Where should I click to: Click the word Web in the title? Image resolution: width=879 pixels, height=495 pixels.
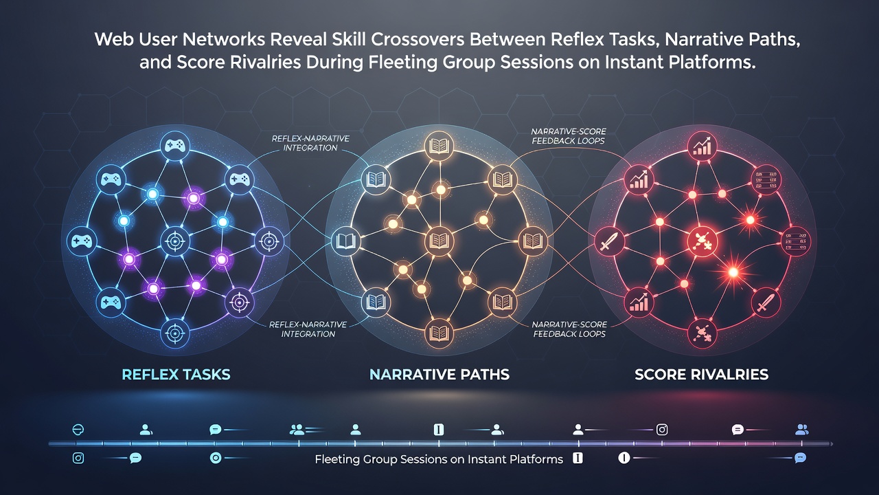coord(114,40)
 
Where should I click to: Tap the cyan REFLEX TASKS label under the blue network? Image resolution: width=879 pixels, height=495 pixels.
coord(176,375)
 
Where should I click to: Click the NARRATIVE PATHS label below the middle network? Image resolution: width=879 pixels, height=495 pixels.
coord(439,375)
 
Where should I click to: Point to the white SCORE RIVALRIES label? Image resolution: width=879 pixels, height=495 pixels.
coord(701,375)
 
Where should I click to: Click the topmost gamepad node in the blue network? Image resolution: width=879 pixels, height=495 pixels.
coord(175,146)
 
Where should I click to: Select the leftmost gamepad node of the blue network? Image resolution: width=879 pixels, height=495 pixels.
coord(82,241)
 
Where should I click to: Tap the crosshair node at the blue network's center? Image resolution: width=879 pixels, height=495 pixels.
coord(175,241)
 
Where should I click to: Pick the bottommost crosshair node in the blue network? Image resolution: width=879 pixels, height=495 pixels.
coord(175,333)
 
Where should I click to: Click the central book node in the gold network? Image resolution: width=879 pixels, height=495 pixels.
coord(439,241)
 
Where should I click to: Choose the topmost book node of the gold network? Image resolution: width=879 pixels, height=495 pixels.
coord(439,146)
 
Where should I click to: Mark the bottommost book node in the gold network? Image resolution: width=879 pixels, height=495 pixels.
coord(439,333)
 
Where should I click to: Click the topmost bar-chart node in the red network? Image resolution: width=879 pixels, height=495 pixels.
coord(702,147)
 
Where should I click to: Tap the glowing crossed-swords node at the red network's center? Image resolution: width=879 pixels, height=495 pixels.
coord(702,241)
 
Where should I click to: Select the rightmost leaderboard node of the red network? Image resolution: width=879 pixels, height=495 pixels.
coord(796,241)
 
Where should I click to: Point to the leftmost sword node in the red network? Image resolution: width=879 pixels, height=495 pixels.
coord(608,241)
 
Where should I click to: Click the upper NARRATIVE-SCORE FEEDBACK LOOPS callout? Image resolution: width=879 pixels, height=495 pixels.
coord(568,136)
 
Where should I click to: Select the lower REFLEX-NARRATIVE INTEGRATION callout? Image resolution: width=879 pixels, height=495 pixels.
coord(308,329)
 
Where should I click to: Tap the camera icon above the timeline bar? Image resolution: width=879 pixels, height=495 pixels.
coord(662,430)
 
